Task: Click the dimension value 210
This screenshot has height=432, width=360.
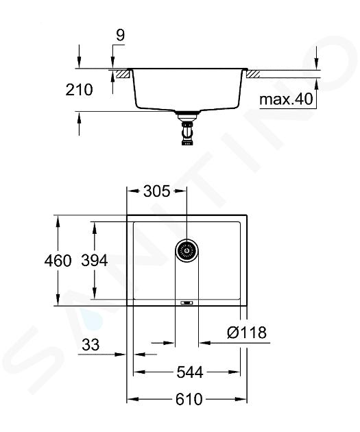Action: (x=79, y=90)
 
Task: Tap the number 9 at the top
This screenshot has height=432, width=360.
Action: (x=121, y=35)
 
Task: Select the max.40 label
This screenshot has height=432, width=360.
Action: (x=286, y=99)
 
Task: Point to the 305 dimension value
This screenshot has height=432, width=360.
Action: (x=157, y=191)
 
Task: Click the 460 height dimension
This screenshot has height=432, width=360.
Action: (x=58, y=261)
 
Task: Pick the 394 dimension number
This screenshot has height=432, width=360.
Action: (x=94, y=261)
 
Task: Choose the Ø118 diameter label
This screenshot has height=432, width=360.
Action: (x=247, y=333)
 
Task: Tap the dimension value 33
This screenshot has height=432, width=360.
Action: (x=91, y=345)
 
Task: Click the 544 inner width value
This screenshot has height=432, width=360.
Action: (x=190, y=372)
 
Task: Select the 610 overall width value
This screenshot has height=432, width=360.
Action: (x=189, y=399)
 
